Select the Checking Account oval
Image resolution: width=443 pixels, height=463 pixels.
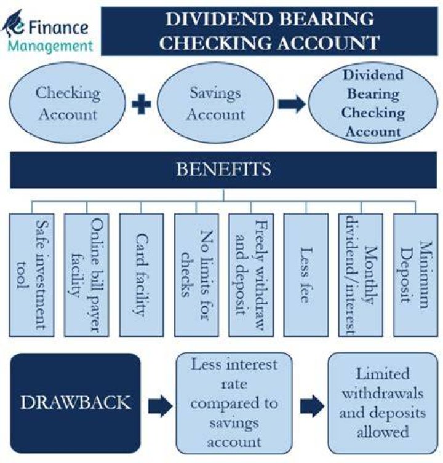click(x=68, y=103)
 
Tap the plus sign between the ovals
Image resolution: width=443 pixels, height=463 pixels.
click(x=142, y=104)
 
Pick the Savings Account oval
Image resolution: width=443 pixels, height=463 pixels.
click(x=215, y=103)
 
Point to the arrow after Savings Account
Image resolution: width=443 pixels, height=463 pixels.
click(x=292, y=104)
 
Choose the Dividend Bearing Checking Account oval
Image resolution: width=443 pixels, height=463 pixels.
click(x=373, y=103)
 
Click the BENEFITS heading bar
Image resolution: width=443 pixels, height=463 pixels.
click(x=223, y=170)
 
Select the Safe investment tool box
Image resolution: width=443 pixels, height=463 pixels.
click(x=32, y=275)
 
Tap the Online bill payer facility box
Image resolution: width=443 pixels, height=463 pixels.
click(x=87, y=275)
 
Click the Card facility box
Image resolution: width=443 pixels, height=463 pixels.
click(x=142, y=275)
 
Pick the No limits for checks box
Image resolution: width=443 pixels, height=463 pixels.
click(x=196, y=275)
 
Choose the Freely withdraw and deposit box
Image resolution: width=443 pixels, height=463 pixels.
click(x=251, y=275)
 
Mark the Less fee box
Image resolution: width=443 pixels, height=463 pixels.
click(x=306, y=275)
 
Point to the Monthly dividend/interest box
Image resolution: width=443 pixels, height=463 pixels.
click(x=361, y=275)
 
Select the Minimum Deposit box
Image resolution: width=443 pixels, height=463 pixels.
click(x=416, y=275)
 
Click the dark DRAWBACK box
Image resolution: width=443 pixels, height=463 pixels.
click(x=75, y=403)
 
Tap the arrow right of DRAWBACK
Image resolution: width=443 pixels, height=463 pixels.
click(x=160, y=406)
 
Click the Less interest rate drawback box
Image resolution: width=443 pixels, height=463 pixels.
click(x=234, y=403)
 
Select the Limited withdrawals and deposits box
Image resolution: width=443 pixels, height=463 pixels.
click(x=383, y=403)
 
